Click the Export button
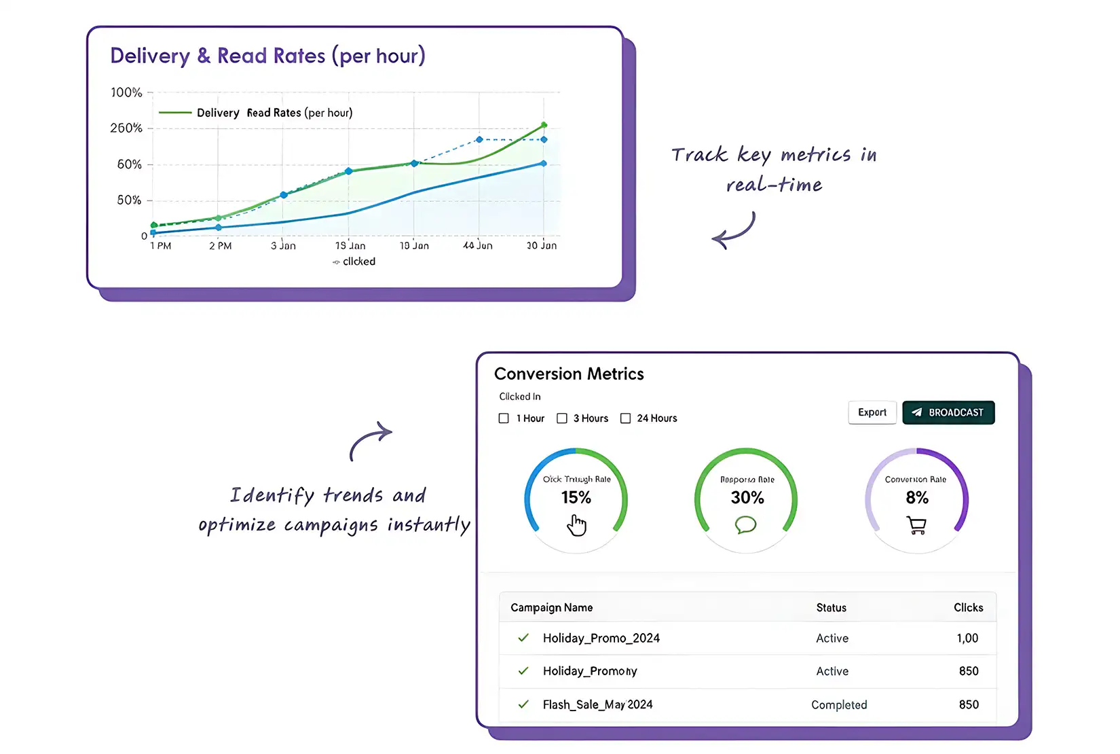pyautogui.click(x=872, y=412)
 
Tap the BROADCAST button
pyautogui.click(x=948, y=412)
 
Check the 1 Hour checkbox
pyautogui.click(x=504, y=418)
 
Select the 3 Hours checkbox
pyautogui.click(x=562, y=418)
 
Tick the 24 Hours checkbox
pyautogui.click(x=626, y=418)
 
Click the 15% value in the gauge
pyautogui.click(x=576, y=498)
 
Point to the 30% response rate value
pyautogui.click(x=747, y=498)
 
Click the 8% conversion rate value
pyautogui.click(x=917, y=498)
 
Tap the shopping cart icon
pyautogui.click(x=916, y=525)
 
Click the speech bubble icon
pyautogui.click(x=745, y=524)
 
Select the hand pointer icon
pyautogui.click(x=577, y=525)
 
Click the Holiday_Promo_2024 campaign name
pyautogui.click(x=601, y=638)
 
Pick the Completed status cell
pyautogui.click(x=839, y=705)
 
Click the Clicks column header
pyautogui.click(x=968, y=607)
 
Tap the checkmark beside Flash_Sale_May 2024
pyautogui.click(x=523, y=704)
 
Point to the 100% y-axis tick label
pyautogui.click(x=126, y=92)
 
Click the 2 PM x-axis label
pyautogui.click(x=220, y=246)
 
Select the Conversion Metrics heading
pyautogui.click(x=569, y=374)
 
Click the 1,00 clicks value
pyautogui.click(x=967, y=638)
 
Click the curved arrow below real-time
pyautogui.click(x=734, y=231)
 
